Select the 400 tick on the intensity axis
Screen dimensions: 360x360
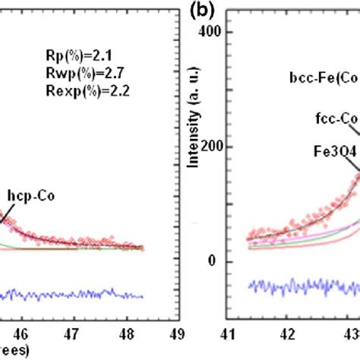[230, 33]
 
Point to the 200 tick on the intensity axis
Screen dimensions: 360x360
[230, 147]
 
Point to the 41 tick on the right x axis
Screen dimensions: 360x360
[248, 332]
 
